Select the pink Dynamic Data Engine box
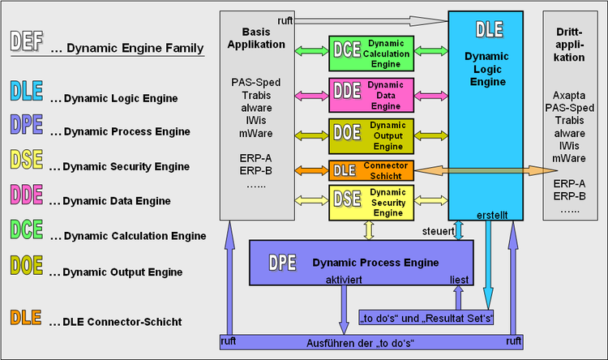(x=371, y=93)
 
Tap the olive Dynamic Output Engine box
(x=371, y=135)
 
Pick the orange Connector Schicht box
(x=371, y=170)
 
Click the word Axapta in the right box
(x=573, y=95)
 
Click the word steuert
(x=437, y=231)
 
